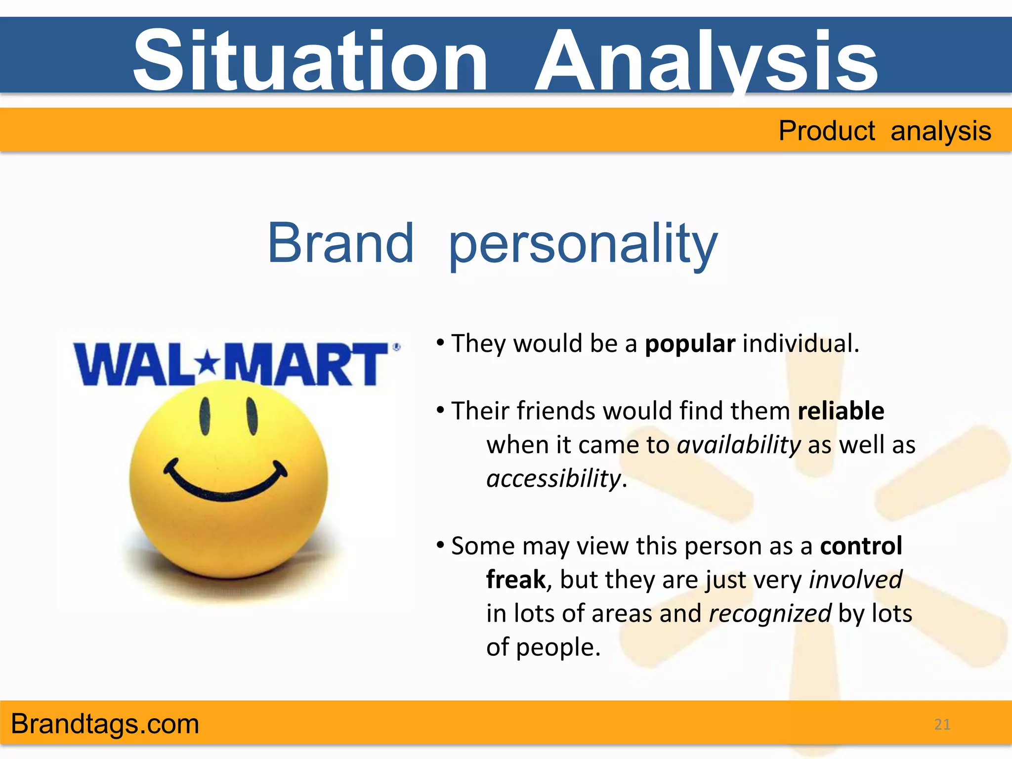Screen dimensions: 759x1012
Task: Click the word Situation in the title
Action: click(x=310, y=60)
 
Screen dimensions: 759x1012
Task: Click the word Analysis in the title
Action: click(x=707, y=60)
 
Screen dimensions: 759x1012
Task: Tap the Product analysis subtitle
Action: click(x=885, y=131)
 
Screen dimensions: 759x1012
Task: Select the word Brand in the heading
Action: click(x=340, y=243)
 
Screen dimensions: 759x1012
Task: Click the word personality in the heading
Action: click(x=583, y=245)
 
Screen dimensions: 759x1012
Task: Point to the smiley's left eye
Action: click(x=205, y=416)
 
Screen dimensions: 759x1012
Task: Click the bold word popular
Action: click(x=690, y=343)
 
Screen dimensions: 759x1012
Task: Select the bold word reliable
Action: click(x=841, y=411)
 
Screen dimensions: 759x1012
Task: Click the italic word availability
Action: click(x=738, y=445)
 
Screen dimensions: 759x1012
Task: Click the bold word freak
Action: click(x=516, y=580)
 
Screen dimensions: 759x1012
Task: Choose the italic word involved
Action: click(x=855, y=580)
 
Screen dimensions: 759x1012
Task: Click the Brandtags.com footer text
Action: click(x=105, y=724)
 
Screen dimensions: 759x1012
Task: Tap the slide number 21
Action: click(x=942, y=724)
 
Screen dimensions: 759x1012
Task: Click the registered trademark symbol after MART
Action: click(x=396, y=347)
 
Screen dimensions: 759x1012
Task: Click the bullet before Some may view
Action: click(x=440, y=545)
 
